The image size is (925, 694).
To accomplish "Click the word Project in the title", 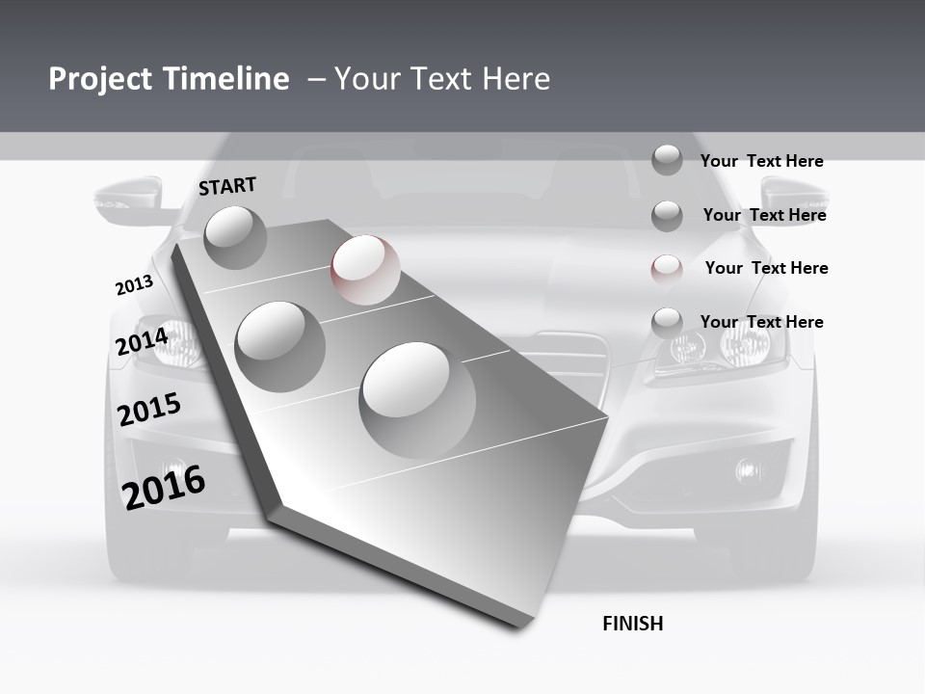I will [98, 79].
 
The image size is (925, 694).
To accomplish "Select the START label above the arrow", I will [227, 186].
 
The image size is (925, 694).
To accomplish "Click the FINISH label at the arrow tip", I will [632, 624].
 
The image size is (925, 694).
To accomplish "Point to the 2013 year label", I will [134, 285].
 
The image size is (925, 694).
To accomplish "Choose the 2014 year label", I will [142, 342].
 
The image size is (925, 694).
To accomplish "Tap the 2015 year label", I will [148, 410].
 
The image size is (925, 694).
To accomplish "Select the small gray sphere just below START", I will [235, 237].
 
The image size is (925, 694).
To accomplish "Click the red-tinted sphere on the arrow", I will [365, 270].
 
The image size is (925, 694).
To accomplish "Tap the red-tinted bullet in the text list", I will [667, 269].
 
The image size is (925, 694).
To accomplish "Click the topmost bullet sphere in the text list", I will [667, 160].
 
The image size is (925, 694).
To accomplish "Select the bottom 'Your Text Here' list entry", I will [761, 322].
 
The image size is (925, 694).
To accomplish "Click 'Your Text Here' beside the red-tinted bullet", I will [766, 268].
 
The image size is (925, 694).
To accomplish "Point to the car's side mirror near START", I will [127, 199].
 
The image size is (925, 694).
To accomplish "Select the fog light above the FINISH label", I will [748, 470].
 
